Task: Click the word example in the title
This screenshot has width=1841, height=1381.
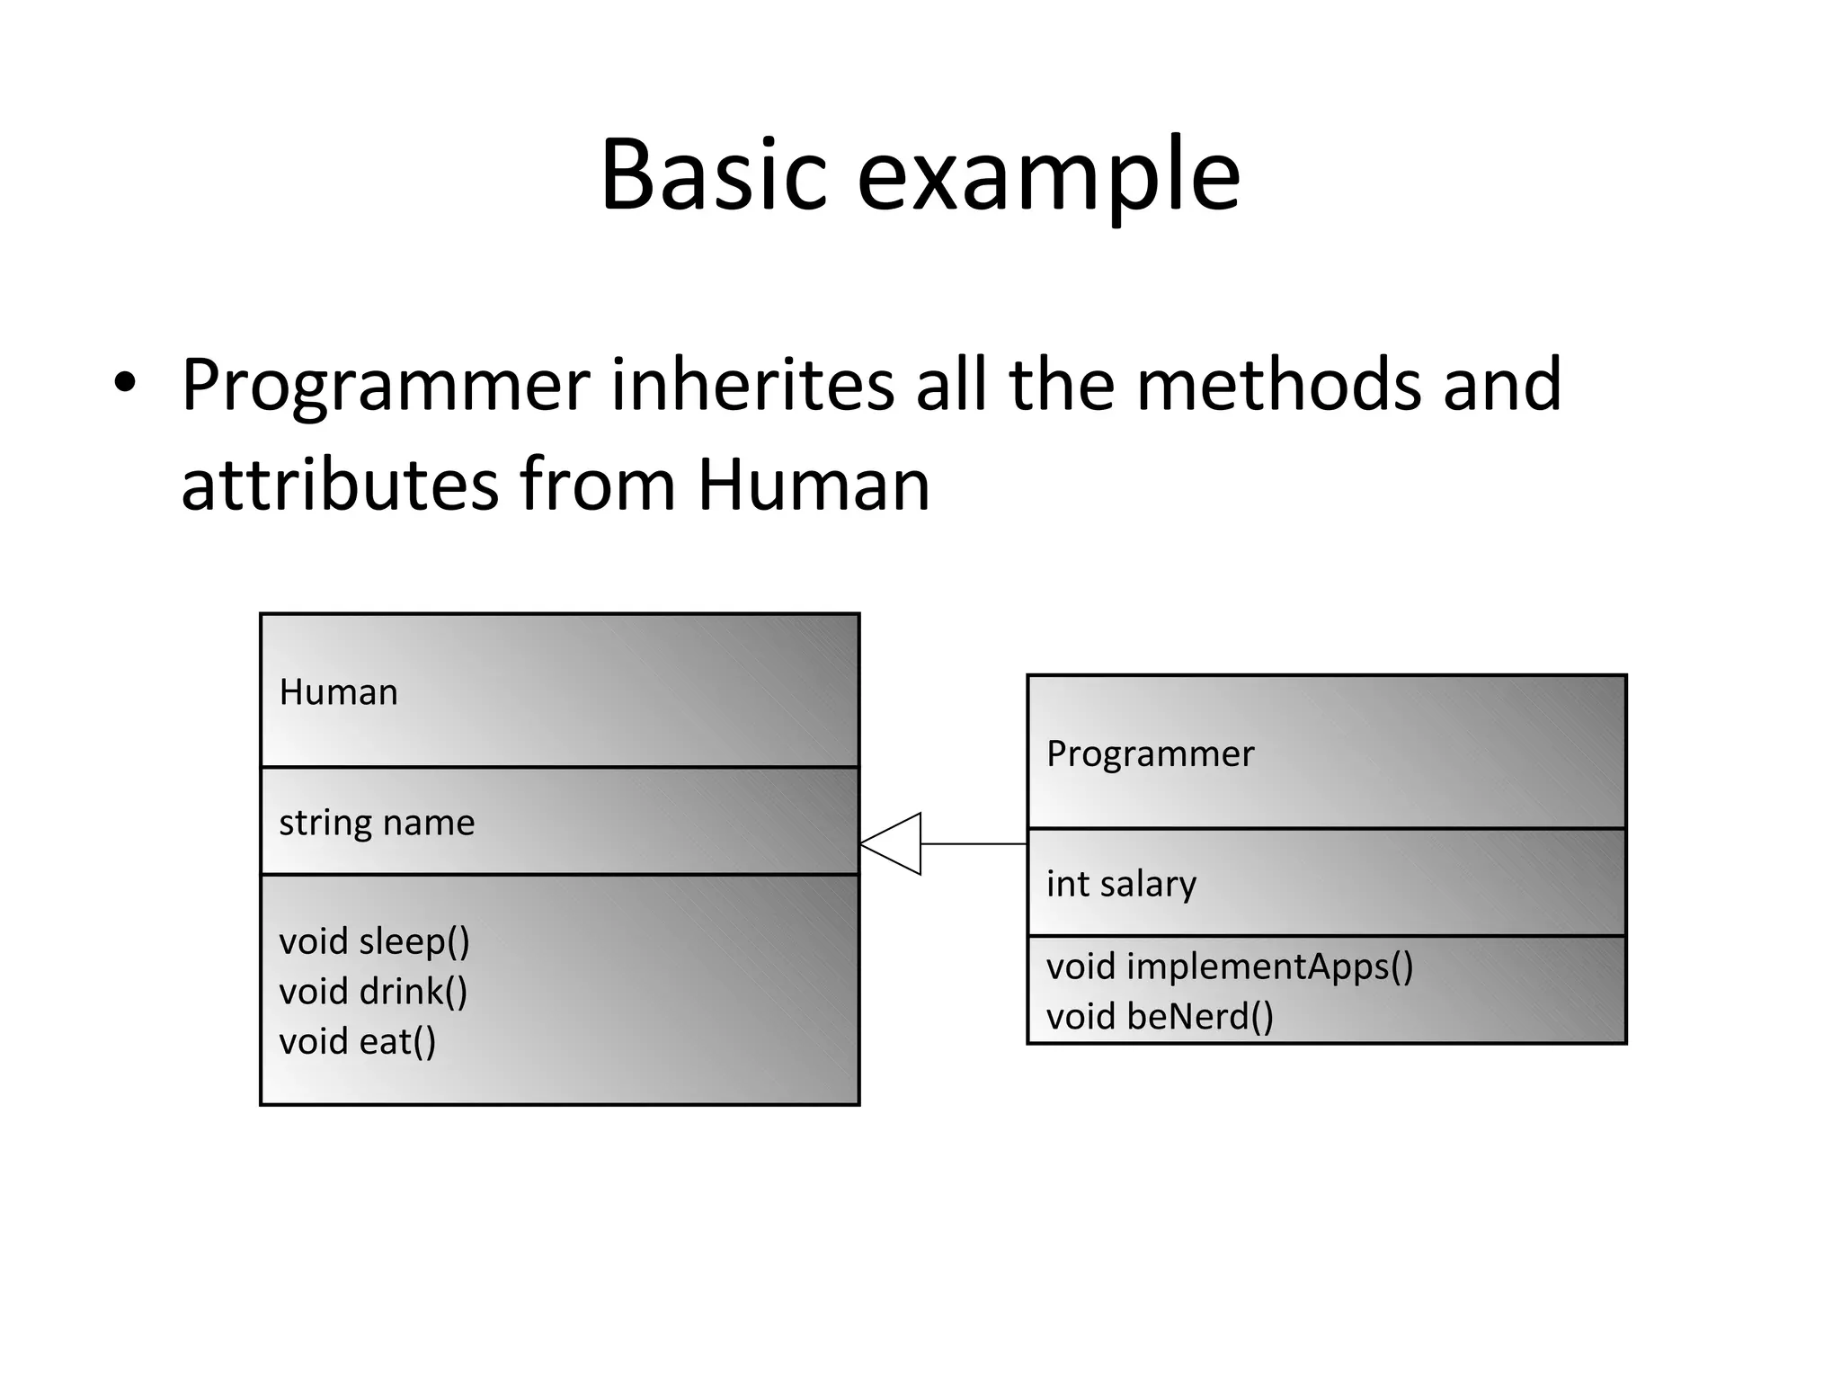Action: point(1048,177)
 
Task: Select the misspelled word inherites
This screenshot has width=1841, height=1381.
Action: point(753,385)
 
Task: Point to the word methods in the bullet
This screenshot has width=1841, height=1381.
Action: point(1278,385)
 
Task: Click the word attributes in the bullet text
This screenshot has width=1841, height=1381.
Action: point(340,486)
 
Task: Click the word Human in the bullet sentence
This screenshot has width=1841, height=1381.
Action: point(814,486)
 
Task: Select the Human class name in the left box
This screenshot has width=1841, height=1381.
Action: point(338,692)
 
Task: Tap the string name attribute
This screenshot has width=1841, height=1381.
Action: point(377,823)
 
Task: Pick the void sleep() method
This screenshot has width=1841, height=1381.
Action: point(374,941)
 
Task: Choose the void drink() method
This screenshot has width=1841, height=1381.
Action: point(373,992)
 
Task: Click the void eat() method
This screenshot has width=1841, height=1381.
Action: point(357,1042)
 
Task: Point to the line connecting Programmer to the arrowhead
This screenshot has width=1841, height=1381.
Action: point(974,843)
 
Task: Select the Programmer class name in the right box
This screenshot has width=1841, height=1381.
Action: point(1150,753)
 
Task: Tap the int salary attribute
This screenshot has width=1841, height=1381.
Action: point(1121,884)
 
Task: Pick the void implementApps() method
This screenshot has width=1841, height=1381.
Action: point(1229,967)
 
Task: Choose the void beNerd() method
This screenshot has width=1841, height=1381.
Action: point(1160,1017)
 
